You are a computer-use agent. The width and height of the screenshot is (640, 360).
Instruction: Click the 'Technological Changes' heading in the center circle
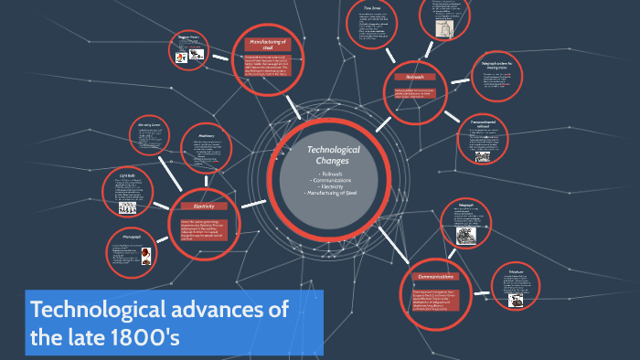(x=333, y=154)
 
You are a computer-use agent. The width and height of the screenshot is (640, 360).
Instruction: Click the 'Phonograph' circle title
(x=131, y=236)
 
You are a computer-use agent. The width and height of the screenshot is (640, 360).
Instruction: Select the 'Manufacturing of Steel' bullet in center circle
(x=333, y=194)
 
